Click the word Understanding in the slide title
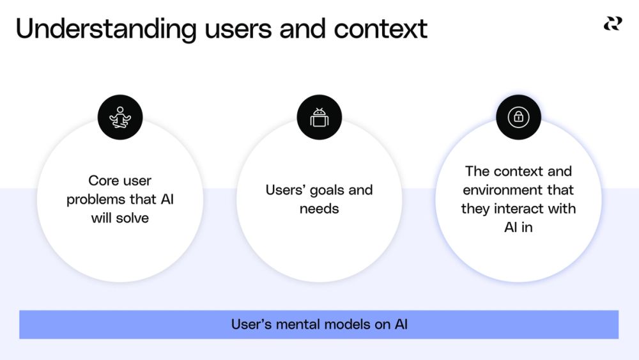106,29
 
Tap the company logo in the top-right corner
612,24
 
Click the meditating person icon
120,118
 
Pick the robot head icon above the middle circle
319,118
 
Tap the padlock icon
518,117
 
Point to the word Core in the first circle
102,181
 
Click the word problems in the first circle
95,200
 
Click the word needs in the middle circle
319,209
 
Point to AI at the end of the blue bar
400,324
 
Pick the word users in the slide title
231,29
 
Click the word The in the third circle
477,171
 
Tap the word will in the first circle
102,218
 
